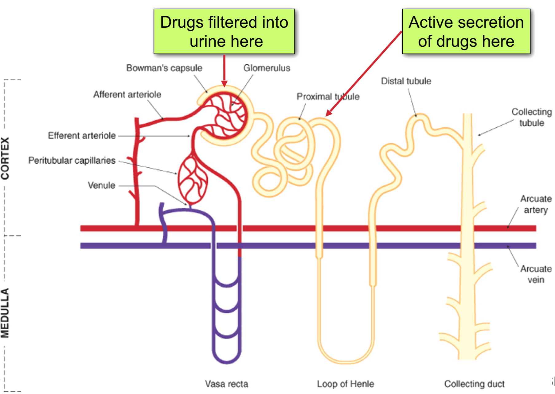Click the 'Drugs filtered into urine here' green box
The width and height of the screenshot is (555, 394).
[x=224, y=31]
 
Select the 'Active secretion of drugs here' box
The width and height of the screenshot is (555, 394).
[x=466, y=31]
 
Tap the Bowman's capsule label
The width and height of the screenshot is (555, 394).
[x=164, y=68]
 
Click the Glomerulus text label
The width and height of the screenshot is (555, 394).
[x=267, y=68]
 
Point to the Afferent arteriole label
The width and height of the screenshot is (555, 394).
[x=127, y=94]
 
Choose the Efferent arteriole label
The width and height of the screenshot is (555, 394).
[x=82, y=136]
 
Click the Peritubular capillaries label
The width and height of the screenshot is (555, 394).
[x=72, y=161]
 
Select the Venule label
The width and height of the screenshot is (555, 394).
[x=101, y=185]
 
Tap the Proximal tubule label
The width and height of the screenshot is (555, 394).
[x=328, y=97]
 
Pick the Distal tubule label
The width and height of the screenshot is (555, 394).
[x=406, y=81]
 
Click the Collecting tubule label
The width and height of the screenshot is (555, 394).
[x=531, y=117]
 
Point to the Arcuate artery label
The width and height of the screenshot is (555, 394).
[x=536, y=204]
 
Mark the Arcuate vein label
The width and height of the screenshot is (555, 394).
[x=536, y=274]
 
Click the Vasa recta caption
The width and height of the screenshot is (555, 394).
[x=226, y=384]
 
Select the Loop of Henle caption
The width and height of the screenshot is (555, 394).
[x=345, y=384]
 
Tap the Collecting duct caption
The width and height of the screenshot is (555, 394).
[x=474, y=384]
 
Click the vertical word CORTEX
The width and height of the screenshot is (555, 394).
[x=5, y=158]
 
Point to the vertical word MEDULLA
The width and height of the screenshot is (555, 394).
[x=5, y=313]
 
